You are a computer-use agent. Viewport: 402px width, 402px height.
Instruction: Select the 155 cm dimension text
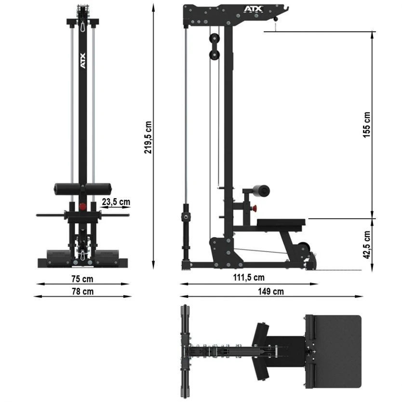367,125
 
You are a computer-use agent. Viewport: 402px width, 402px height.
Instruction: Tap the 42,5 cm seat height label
367,245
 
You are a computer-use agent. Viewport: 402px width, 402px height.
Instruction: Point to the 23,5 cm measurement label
115,202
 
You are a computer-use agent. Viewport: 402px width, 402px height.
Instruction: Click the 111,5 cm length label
248,277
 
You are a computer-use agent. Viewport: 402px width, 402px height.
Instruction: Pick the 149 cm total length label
271,291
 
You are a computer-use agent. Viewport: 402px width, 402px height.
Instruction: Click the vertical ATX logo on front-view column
82,61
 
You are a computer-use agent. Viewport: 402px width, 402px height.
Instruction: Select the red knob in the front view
82,206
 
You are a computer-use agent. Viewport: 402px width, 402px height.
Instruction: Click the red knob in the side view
254,208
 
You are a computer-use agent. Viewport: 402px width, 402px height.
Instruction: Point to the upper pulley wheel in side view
213,39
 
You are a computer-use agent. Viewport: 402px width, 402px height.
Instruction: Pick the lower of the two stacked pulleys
213,55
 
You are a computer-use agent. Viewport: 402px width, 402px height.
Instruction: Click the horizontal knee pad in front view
82,188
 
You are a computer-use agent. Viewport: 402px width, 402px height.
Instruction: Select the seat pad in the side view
281,222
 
